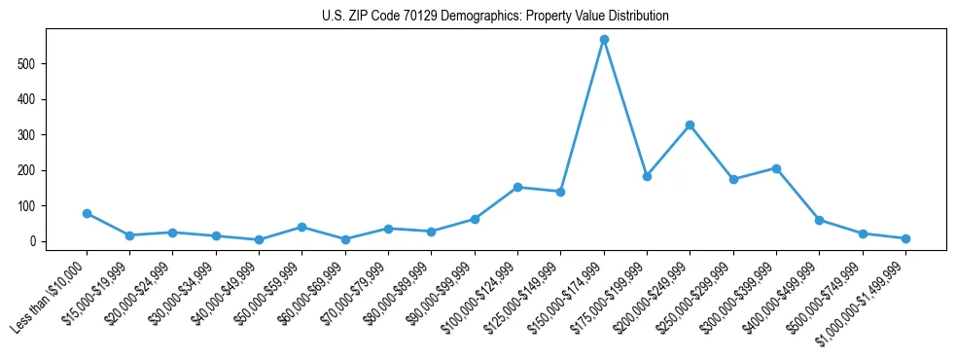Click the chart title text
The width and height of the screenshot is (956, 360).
[x=495, y=17]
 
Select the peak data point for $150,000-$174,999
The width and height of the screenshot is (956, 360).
[x=604, y=40]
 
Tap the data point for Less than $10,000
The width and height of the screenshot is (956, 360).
[x=87, y=213]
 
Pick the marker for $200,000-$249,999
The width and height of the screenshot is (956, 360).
[x=690, y=125]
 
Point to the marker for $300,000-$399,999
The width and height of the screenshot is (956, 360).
[x=776, y=168]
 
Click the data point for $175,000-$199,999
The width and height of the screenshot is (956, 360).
[x=647, y=176]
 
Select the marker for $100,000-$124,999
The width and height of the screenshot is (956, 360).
[x=517, y=187]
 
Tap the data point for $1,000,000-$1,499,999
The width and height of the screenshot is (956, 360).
[x=905, y=238]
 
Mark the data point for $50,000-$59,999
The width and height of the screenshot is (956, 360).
[x=301, y=227]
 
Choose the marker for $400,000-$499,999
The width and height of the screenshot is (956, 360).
[x=819, y=220]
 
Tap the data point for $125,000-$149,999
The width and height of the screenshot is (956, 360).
[x=560, y=192]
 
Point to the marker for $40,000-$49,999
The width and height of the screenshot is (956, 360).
[x=259, y=239]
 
